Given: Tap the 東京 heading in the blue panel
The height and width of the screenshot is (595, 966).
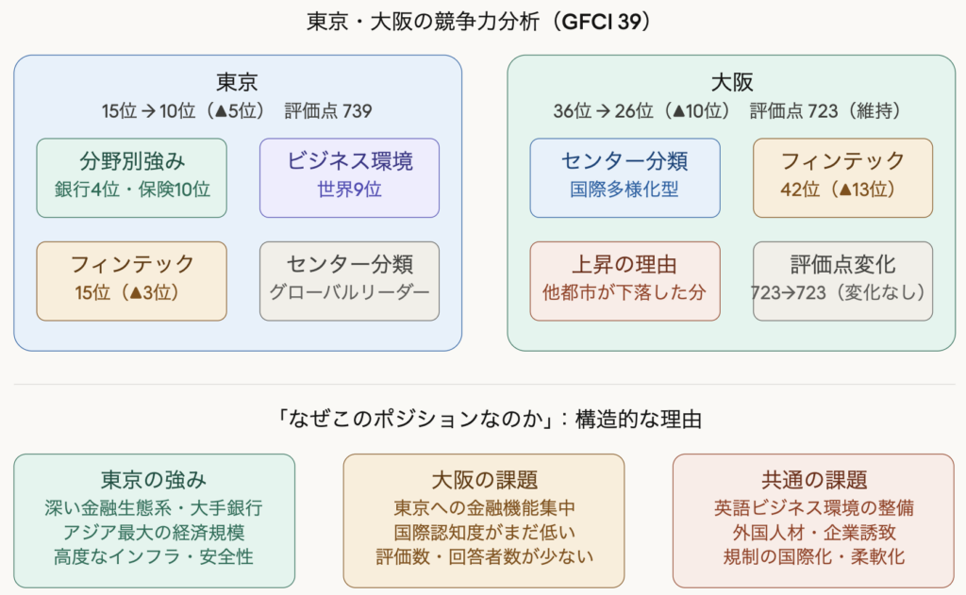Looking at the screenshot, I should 237,81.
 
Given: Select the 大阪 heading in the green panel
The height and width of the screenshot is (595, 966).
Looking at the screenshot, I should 731,81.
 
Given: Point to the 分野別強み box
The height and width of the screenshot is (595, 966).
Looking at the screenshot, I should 132,177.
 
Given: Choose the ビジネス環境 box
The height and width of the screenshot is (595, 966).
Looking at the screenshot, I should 350,177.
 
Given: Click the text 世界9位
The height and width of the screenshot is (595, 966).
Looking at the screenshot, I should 350,190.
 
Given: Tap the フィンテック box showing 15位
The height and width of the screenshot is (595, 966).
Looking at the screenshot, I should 132,280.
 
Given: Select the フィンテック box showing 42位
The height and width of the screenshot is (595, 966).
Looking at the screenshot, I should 842,177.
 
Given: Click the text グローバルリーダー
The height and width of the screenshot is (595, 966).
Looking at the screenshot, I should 350,292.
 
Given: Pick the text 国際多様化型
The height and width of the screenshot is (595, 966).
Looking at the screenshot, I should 625,190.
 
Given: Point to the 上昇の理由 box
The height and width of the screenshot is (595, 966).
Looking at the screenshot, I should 625,280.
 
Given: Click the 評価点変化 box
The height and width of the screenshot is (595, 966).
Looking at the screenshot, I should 842,280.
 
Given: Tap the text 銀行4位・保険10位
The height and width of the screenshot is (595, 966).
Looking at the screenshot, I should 132,190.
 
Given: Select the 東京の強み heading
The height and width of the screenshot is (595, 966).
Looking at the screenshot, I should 154,479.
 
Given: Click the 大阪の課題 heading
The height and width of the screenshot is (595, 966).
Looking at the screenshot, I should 484,479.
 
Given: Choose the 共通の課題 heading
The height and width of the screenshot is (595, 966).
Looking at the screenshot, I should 813,479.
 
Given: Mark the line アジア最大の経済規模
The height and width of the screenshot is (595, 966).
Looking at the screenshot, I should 154,532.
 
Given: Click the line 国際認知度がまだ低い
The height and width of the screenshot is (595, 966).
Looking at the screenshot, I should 484,532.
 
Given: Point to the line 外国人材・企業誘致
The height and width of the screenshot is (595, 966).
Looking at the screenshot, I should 813,532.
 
